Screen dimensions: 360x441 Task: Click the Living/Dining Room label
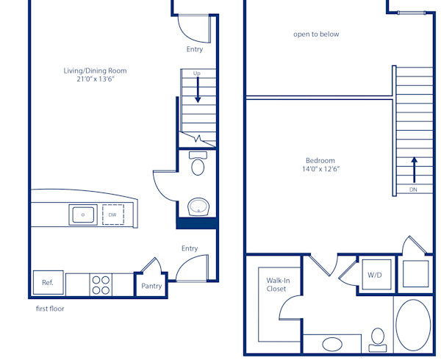tap(95, 71)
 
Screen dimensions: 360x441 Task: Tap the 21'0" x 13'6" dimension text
tap(95, 79)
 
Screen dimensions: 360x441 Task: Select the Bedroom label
tap(320, 161)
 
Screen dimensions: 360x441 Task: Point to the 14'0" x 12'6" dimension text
tap(320, 169)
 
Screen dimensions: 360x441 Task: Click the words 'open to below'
tap(316, 34)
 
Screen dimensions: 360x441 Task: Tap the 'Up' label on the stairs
tap(197, 73)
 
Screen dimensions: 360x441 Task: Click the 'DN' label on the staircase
tap(414, 190)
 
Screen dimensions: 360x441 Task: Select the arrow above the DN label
tap(414, 169)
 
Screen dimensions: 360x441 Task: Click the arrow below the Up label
tap(197, 90)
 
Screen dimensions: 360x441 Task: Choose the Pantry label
tap(151, 287)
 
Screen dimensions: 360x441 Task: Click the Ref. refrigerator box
tap(47, 283)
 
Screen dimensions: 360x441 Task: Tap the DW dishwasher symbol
tap(112, 215)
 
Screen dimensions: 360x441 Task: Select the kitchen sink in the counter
tap(82, 215)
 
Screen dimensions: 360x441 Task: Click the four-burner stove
tap(100, 284)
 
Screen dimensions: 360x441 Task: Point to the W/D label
tap(375, 276)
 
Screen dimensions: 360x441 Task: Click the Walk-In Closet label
tap(276, 284)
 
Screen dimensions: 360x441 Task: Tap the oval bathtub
tap(413, 325)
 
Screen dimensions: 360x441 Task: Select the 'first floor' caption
tap(50, 309)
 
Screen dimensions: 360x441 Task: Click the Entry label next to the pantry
tap(190, 249)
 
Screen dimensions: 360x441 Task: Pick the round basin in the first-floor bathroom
tap(198, 208)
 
